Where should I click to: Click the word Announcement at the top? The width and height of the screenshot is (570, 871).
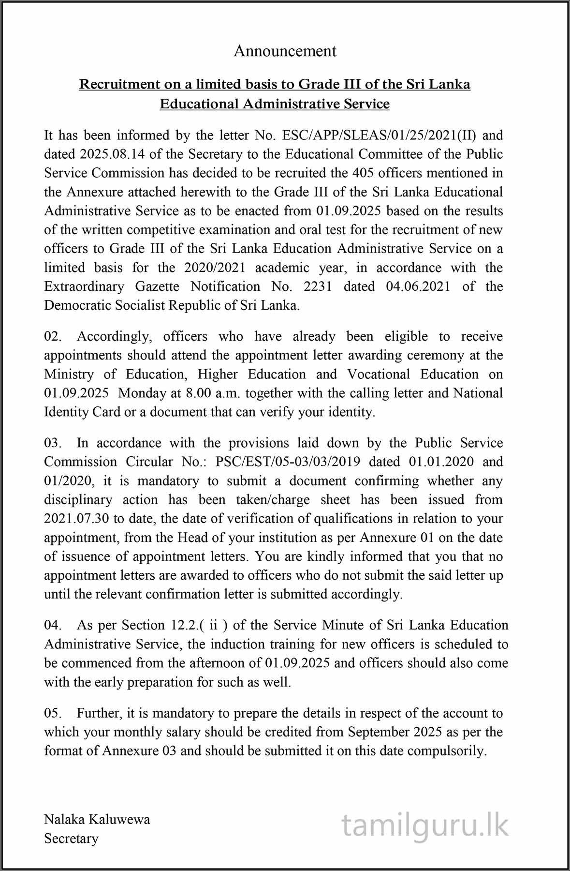pos(285,51)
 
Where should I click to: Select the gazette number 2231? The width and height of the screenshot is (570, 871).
pos(318,286)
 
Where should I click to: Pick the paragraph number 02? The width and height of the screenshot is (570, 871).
pos(53,336)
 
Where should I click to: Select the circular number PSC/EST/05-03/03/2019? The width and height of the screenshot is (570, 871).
pos(288,462)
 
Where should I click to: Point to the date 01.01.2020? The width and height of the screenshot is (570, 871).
pos(441,462)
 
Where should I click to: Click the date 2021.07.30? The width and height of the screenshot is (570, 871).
pos(76,519)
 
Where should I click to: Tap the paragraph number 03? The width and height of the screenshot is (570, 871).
pos(53,443)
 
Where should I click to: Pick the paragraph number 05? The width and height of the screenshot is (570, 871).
pos(53,713)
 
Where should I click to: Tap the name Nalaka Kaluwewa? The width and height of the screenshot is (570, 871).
pos(97,819)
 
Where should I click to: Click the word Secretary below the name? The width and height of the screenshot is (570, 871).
pos(71,838)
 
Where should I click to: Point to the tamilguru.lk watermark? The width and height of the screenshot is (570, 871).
pos(425,826)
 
